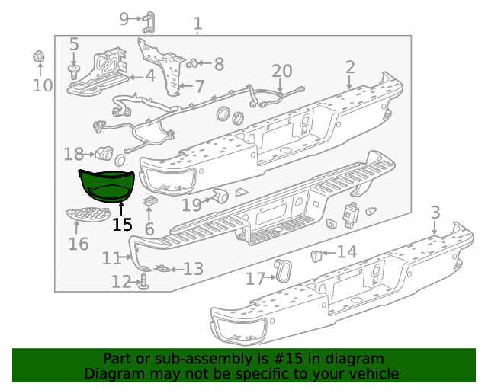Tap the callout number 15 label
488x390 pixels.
coord(121,225)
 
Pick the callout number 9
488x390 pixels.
coord(126,18)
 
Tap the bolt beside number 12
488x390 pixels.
coord(143,283)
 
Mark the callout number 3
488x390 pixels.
coord(435,212)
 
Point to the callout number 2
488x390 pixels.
coord(349,68)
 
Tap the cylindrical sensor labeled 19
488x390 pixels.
coord(221,197)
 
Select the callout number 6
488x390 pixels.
coord(149,229)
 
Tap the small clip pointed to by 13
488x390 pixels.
coord(162,268)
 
